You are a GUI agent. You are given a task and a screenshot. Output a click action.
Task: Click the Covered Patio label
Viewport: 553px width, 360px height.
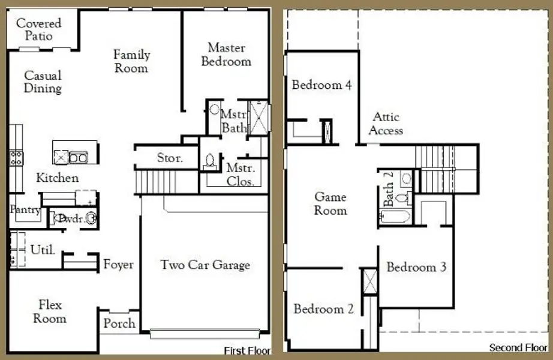click(38, 29)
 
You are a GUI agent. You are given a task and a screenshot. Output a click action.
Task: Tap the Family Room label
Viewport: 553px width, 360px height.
click(131, 61)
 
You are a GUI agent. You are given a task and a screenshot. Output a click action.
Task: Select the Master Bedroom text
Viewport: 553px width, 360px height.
click(226, 54)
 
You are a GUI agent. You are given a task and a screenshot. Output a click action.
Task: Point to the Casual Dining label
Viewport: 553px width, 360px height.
click(43, 82)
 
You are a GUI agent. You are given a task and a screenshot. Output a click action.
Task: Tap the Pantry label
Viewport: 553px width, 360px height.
click(25, 210)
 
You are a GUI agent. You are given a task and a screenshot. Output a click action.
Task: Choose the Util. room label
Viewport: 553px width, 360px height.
click(43, 248)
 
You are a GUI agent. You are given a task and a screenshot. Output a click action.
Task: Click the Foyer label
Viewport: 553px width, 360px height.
click(118, 264)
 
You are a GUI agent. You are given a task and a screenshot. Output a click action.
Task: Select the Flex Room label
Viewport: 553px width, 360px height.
click(50, 311)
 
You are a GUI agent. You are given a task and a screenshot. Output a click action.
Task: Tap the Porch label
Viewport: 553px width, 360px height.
click(119, 323)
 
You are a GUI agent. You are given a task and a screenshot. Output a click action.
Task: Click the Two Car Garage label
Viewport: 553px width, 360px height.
click(205, 265)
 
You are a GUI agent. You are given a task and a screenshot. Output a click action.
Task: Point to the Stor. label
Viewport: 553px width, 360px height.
click(170, 158)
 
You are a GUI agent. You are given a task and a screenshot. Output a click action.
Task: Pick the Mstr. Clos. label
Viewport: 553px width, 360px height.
click(241, 175)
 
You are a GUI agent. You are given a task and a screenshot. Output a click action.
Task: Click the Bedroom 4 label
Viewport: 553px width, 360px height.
click(321, 85)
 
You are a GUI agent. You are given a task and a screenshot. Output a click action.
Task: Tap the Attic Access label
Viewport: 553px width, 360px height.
click(386, 123)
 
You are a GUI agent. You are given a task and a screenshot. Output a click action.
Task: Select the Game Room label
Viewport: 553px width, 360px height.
click(330, 203)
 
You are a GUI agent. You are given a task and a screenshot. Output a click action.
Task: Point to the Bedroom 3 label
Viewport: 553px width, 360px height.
click(416, 266)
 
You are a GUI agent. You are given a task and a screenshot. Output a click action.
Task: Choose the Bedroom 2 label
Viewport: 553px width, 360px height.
click(323, 309)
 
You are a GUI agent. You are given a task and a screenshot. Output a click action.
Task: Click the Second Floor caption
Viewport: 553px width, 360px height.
click(519, 348)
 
